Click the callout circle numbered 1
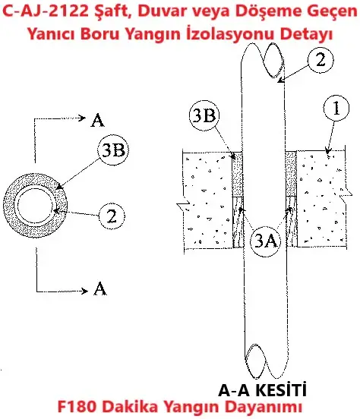point(336,108)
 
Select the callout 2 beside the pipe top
point(321,60)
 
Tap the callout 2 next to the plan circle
point(112,216)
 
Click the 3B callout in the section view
point(204,116)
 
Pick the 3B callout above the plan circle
point(113,150)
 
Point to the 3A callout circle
point(265,241)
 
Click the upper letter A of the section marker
point(97,120)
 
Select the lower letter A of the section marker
point(99,288)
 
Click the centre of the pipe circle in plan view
point(35,205)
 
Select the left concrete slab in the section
point(208,201)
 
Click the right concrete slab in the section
point(322,198)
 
